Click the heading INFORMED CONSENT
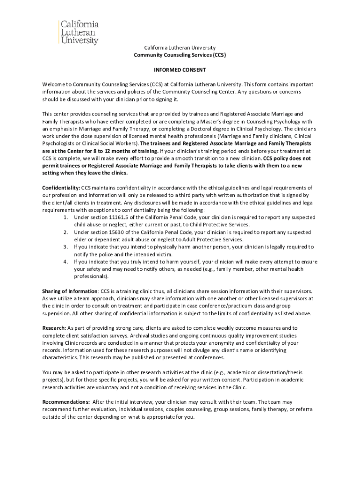click(x=180, y=69)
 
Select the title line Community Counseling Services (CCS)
click(x=180, y=55)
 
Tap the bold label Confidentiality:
click(x=61, y=188)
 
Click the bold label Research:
click(x=54, y=328)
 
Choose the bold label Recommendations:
click(x=66, y=402)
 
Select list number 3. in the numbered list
click(x=66, y=247)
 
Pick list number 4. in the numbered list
click(x=66, y=261)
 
